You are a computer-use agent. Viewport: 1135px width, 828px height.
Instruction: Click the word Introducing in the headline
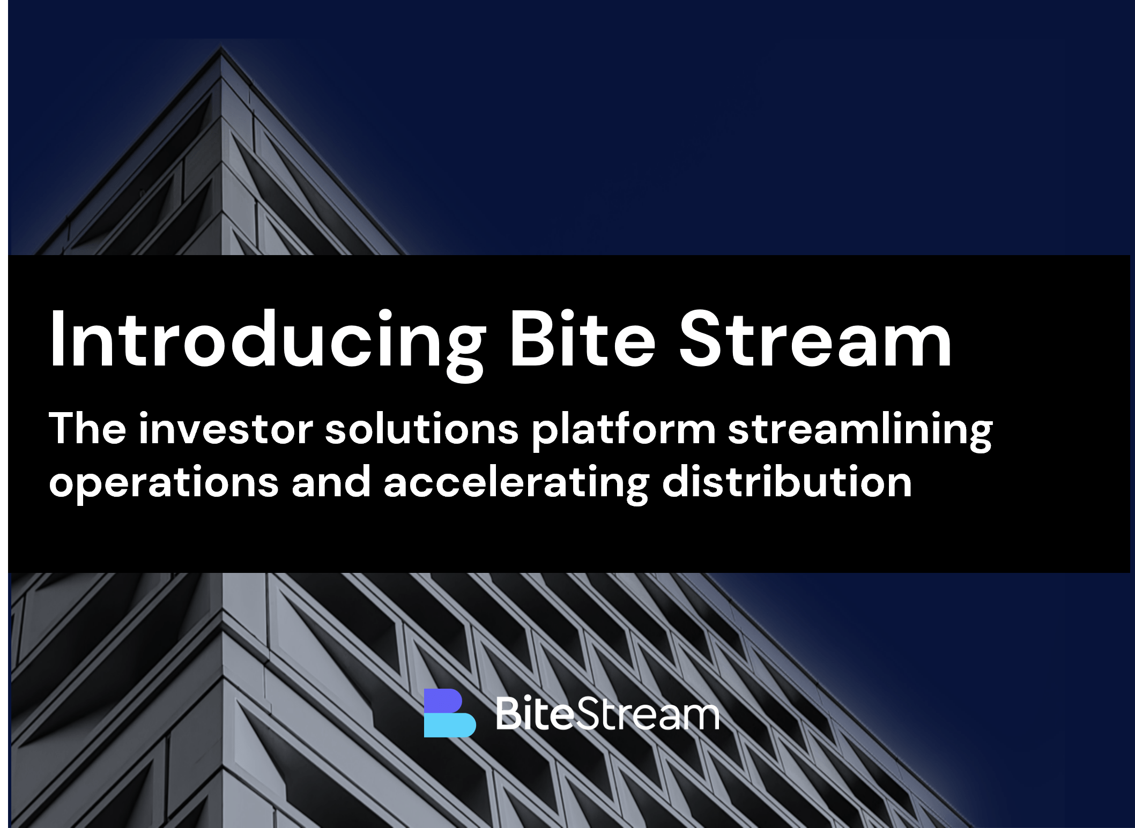[268, 344]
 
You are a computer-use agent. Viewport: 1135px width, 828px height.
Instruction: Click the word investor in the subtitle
[226, 428]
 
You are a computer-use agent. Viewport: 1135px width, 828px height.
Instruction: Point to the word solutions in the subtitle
[422, 428]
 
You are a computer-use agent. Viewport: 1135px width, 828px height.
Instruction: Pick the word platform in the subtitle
[624, 431]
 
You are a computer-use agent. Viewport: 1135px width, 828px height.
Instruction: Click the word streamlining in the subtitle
[860, 431]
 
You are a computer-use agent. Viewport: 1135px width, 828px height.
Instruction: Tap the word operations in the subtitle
[164, 483]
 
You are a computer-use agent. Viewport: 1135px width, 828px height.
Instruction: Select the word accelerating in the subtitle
[516, 483]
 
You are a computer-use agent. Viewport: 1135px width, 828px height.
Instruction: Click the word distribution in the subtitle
[787, 481]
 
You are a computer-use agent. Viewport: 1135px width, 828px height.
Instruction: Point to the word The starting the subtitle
[87, 428]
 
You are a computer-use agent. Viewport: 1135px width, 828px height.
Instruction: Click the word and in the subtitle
[331, 481]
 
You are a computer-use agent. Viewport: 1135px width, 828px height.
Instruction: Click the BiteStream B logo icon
[450, 713]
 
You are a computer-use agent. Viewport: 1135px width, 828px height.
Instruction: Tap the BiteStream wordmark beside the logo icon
[607, 713]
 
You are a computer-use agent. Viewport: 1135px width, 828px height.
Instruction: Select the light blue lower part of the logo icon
[450, 725]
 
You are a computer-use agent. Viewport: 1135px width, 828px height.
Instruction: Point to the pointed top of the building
[221, 47]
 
